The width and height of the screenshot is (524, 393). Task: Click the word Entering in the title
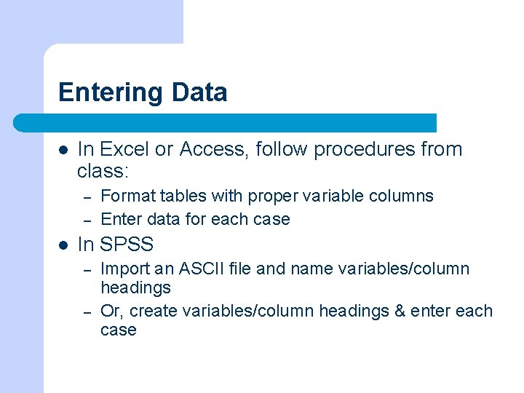[x=111, y=93]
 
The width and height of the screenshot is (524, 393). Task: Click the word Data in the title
[x=199, y=93]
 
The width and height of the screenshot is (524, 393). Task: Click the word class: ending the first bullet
[x=102, y=171]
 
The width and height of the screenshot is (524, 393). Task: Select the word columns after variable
[x=405, y=196]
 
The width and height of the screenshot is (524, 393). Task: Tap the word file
[x=239, y=269]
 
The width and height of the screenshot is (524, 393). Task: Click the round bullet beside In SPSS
[x=64, y=245]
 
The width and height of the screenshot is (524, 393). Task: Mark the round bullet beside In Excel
[x=64, y=150]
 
